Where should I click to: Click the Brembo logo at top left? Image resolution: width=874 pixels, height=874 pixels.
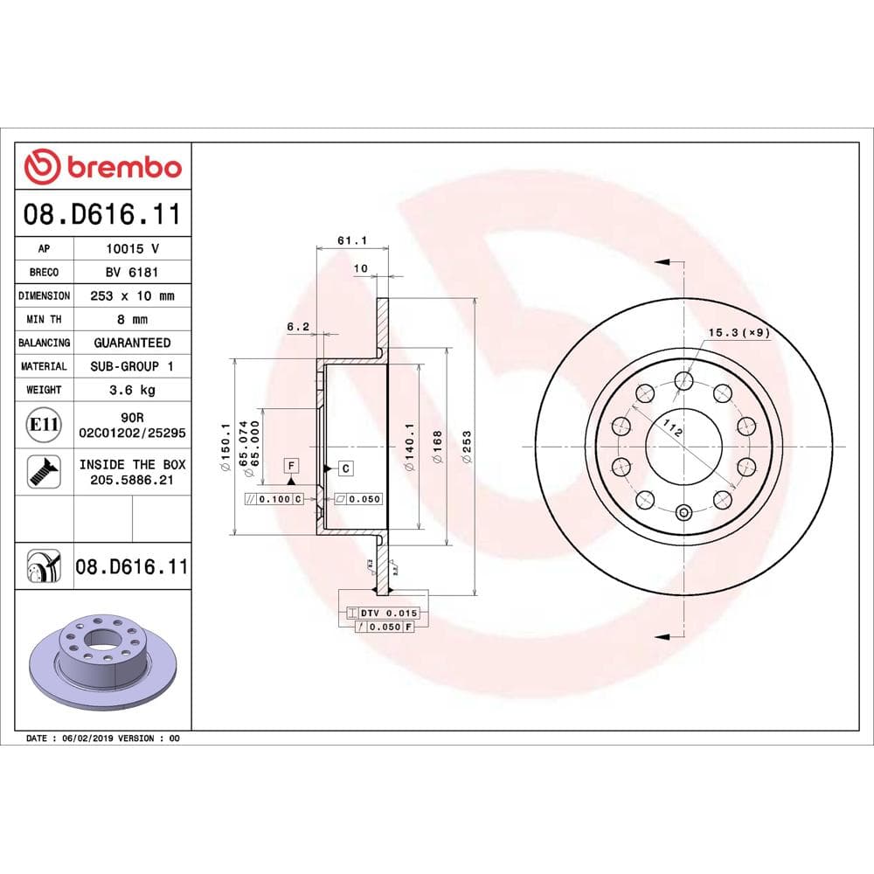103,166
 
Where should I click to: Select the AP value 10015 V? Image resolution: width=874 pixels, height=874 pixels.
131,248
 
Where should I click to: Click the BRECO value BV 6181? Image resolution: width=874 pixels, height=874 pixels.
131,272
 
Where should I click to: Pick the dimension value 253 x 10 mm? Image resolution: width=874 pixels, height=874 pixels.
131,295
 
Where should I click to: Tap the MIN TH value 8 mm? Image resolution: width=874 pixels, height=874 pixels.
131,319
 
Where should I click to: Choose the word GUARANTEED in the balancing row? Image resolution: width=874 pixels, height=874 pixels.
132,343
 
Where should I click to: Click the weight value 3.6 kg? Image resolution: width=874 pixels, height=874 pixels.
131,390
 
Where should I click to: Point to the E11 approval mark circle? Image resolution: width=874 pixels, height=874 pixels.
44,426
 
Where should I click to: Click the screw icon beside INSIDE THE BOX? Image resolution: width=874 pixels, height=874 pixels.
43,472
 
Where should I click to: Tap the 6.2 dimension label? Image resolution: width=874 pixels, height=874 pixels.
298,326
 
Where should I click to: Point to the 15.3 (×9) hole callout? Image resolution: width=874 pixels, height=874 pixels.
739,332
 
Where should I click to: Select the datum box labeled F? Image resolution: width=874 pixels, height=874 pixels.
291,464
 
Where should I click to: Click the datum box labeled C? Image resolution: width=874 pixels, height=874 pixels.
345,468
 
